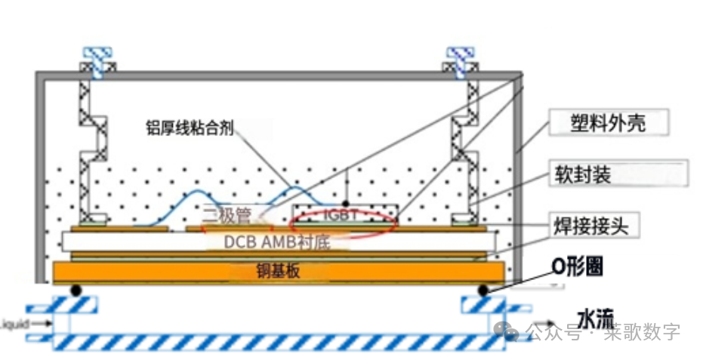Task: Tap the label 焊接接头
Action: (x=596, y=224)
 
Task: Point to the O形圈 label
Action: (x=578, y=266)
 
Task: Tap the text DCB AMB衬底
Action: (x=276, y=242)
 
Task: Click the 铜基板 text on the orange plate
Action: (x=278, y=271)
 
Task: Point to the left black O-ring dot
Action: (x=76, y=290)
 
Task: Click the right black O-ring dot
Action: (x=482, y=290)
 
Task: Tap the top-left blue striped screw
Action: (x=98, y=60)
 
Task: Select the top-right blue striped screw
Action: (x=461, y=60)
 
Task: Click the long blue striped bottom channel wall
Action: (x=279, y=342)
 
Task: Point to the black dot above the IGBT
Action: (x=347, y=204)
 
